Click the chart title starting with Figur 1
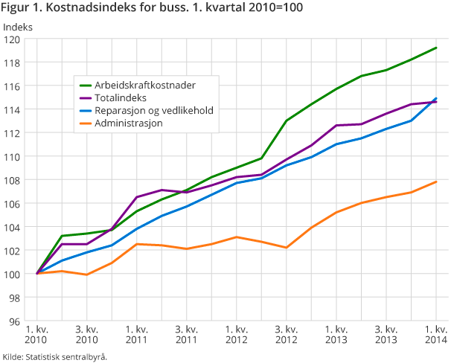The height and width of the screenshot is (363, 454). click(152, 10)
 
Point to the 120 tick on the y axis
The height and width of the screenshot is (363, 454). click(15, 39)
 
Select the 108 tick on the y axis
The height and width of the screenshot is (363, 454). click(15, 180)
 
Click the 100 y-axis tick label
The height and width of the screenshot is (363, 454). click(15, 274)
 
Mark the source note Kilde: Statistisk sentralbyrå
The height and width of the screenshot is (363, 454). click(54, 356)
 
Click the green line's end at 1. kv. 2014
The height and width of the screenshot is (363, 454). click(435, 48)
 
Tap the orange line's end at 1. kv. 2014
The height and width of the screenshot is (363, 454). click(435, 181)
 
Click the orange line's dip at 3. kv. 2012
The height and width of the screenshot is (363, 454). click(287, 247)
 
